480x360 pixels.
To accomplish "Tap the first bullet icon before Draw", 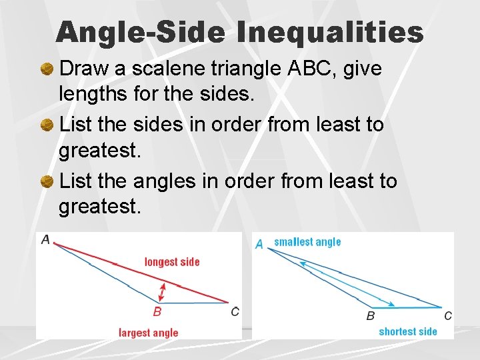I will click(x=48, y=69).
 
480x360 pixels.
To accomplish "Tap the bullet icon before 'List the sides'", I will click(x=48, y=125).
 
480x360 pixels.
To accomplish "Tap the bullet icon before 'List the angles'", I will click(x=48, y=181).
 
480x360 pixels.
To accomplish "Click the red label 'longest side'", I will click(x=172, y=262).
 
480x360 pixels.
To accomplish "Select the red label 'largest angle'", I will click(x=149, y=333).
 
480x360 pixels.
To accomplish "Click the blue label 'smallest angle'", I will click(x=307, y=242).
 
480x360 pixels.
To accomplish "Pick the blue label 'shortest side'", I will click(x=408, y=331).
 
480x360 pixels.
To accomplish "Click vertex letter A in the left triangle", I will click(x=45, y=239).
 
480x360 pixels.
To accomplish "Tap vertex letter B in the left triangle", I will click(x=157, y=311).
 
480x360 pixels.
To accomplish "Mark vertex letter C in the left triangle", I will click(x=235, y=311).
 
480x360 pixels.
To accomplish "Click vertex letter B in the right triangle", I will click(x=371, y=316).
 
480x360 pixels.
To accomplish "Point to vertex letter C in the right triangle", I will click(x=448, y=315).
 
